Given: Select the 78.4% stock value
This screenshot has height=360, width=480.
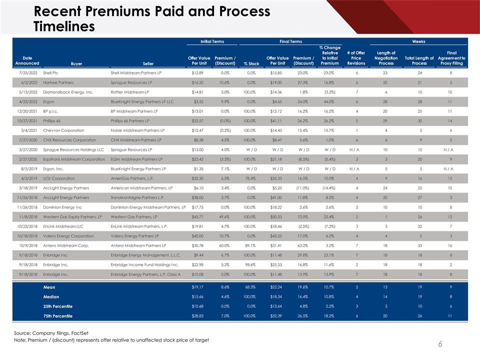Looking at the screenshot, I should [251, 178].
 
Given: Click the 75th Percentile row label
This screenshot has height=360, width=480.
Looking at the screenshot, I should [58, 316].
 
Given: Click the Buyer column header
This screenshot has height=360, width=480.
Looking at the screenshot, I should [77, 63].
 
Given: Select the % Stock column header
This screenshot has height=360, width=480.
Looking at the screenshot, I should [251, 63].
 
